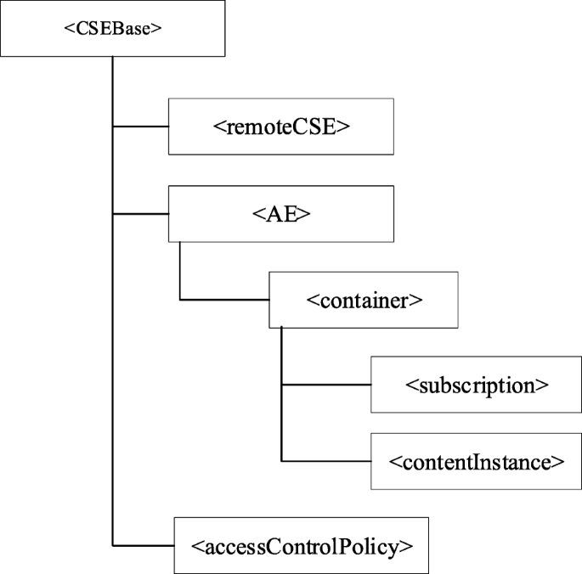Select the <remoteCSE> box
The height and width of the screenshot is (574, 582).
[281, 127]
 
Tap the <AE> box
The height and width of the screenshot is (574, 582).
[281, 214]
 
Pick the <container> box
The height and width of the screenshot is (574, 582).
[364, 300]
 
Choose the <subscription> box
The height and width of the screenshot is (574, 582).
[475, 384]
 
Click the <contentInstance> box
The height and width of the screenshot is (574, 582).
[475, 461]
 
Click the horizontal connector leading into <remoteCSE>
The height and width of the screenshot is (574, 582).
[140, 127]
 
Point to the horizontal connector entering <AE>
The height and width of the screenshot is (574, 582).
[140, 214]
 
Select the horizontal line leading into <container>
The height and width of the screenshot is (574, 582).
[224, 300]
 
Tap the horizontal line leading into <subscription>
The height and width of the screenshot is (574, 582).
[326, 384]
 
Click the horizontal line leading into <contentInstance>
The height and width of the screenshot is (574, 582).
[326, 461]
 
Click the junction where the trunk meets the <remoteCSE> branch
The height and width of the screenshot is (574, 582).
[113, 127]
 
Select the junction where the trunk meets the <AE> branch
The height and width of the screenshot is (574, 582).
[113, 214]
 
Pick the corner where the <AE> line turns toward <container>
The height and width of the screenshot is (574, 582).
[179, 300]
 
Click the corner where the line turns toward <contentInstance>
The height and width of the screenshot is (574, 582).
[281, 461]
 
